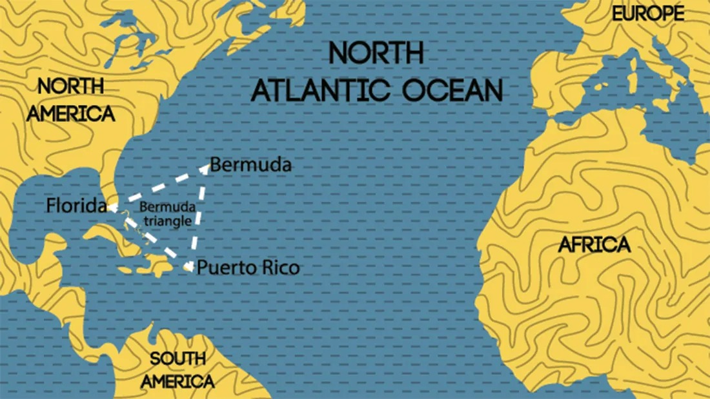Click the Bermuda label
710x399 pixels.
point(251,165)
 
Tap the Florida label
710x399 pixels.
point(76,206)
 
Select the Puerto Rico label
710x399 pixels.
point(249,267)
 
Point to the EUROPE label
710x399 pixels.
point(646,14)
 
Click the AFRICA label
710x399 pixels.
point(594,245)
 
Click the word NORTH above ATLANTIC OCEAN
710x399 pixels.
point(376,53)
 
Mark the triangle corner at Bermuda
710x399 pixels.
point(207,168)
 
